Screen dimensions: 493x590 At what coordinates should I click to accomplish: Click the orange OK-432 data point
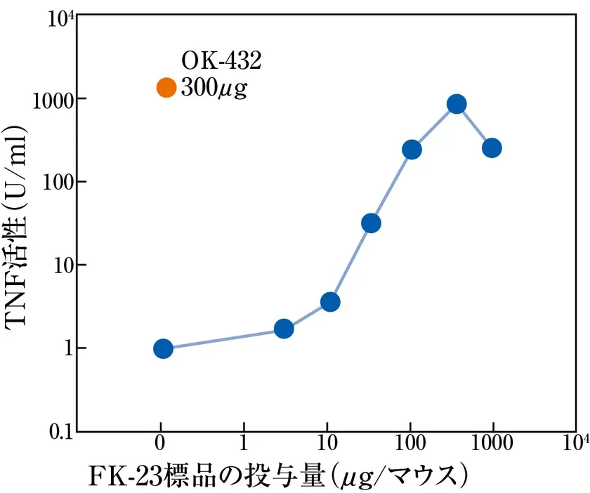click(x=166, y=88)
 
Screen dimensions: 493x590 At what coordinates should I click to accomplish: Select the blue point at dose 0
click(x=163, y=348)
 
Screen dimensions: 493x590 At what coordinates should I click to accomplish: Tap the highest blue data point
click(x=457, y=105)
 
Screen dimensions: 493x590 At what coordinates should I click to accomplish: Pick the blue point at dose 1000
click(x=492, y=148)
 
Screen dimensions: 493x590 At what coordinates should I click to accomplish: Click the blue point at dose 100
click(x=412, y=150)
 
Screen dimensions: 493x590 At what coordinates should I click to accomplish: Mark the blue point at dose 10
click(x=330, y=302)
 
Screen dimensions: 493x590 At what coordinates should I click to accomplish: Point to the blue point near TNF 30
click(x=371, y=223)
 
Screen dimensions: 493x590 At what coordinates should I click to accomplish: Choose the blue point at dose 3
click(x=284, y=329)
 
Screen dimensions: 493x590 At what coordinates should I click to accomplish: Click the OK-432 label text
click(x=221, y=62)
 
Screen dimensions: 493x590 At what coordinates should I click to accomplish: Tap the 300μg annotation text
click(x=214, y=88)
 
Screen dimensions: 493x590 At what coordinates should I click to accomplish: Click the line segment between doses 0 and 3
click(x=223, y=338)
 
